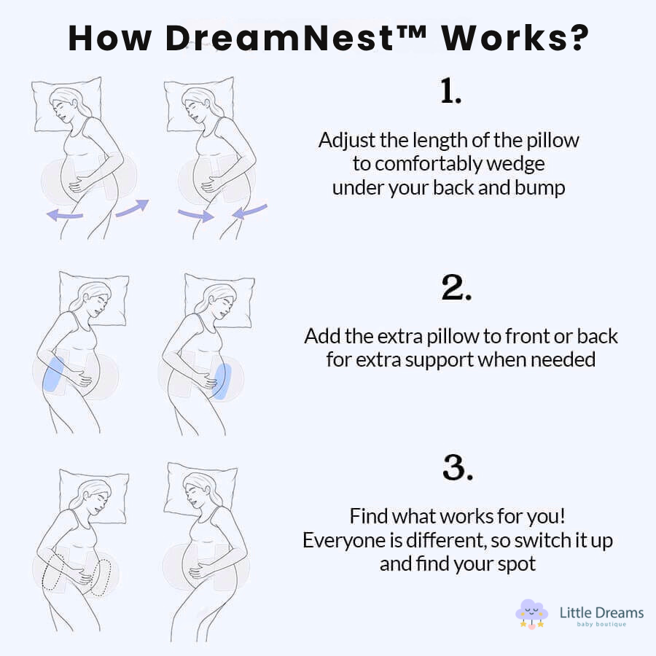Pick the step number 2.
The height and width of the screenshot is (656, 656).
[x=456, y=289]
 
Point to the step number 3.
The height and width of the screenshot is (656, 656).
[x=458, y=467]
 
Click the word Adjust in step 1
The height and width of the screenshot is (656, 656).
[x=343, y=141]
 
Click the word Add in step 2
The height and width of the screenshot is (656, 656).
[x=321, y=337]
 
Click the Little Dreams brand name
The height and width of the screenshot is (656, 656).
[x=601, y=612]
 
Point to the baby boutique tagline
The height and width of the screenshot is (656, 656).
[x=601, y=625]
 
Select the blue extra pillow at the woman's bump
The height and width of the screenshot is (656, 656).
[x=222, y=380]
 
